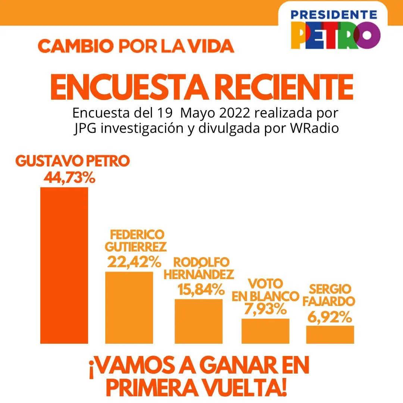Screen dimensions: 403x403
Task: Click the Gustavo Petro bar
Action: [64, 265]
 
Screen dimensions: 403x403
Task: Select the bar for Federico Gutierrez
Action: [129, 307]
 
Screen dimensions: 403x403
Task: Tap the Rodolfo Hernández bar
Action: [199, 321]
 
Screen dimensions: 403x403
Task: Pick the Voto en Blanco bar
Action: [266, 331]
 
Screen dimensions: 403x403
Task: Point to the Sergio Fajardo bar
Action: [330, 335]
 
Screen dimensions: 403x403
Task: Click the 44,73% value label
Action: [69, 177]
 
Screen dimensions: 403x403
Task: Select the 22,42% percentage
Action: [134, 262]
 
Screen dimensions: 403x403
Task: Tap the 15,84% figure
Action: [201, 290]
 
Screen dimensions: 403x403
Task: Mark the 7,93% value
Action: [265, 309]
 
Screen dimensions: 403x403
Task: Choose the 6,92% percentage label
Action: [330, 317]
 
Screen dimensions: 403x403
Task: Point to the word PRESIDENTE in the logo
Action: [334, 15]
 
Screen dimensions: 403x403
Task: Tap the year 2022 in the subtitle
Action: [234, 113]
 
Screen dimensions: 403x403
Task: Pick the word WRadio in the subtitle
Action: [314, 128]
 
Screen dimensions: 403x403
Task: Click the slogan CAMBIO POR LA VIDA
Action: [136, 46]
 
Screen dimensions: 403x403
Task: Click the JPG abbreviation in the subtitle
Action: [85, 128]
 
